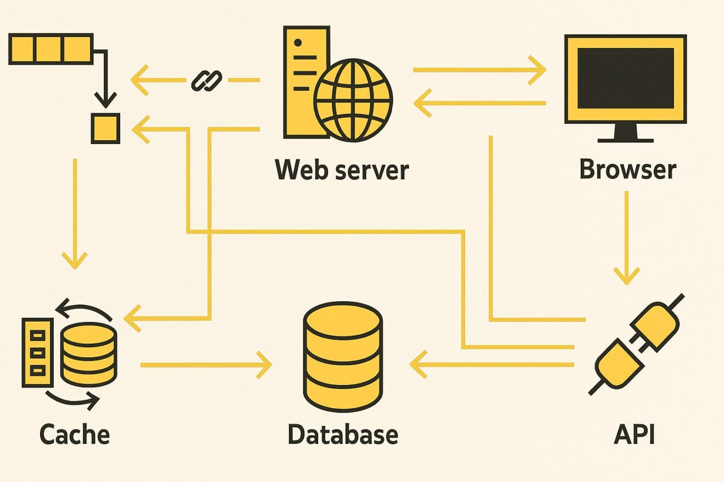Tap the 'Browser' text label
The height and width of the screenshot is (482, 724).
point(628,169)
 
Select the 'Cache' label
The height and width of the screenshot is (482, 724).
point(75,434)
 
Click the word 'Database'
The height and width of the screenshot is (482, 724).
point(343,434)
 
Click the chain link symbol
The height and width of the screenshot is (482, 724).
point(206,81)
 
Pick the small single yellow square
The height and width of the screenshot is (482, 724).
point(105,129)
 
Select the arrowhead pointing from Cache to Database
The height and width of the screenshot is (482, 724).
point(264,365)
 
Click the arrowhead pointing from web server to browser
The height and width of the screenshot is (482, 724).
point(538,70)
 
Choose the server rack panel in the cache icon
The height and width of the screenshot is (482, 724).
point(37,352)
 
